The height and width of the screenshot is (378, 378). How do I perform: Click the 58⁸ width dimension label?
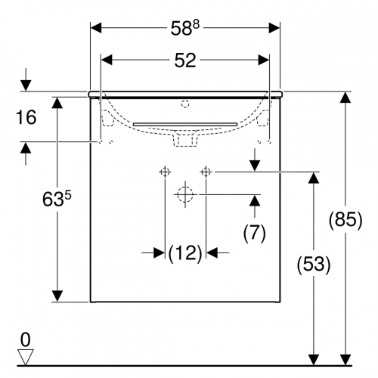[x=185, y=28]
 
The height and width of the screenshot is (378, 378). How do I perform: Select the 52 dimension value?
[x=185, y=60]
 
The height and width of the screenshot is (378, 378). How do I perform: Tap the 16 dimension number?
[x=26, y=117]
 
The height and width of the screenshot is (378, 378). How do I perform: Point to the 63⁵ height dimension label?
[x=57, y=199]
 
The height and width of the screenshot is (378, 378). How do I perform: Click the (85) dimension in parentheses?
[x=345, y=220]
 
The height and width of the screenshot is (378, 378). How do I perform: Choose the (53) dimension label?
[x=314, y=265]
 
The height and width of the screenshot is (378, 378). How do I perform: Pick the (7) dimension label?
[x=255, y=233]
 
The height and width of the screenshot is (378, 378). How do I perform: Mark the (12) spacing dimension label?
[x=185, y=253]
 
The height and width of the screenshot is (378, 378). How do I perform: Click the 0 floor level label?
[x=26, y=339]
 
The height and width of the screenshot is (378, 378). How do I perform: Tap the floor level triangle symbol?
[x=25, y=357]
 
